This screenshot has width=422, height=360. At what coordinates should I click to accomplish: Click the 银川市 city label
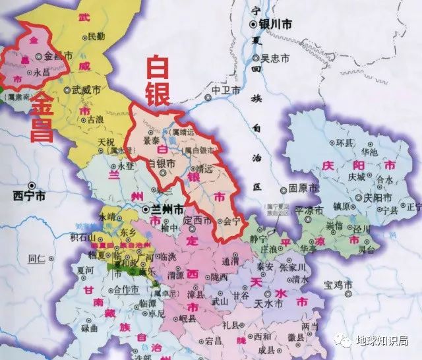click(x=276, y=24)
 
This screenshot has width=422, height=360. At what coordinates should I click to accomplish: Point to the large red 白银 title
click(x=156, y=81)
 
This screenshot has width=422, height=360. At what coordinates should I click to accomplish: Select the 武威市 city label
click(x=86, y=89)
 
